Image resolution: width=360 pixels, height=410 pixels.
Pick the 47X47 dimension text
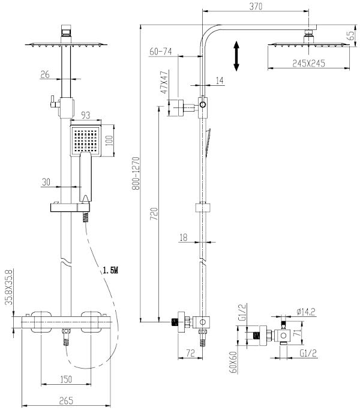pos(162,83)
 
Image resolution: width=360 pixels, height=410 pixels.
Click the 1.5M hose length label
pos(111,271)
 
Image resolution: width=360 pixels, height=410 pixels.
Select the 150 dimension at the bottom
pos(66,379)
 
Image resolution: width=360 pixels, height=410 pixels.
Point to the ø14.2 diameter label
pos(307,311)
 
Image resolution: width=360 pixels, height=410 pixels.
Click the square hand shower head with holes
pos(88,140)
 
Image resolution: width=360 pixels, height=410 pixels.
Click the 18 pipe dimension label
pos(184,238)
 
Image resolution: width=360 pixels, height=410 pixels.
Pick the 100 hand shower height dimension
pos(109,139)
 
